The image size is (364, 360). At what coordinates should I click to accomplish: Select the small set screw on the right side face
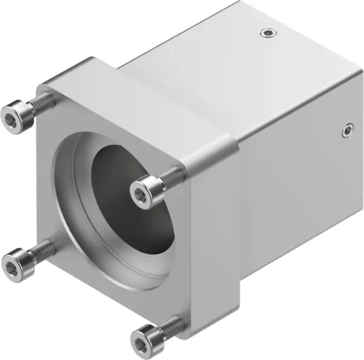347,128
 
